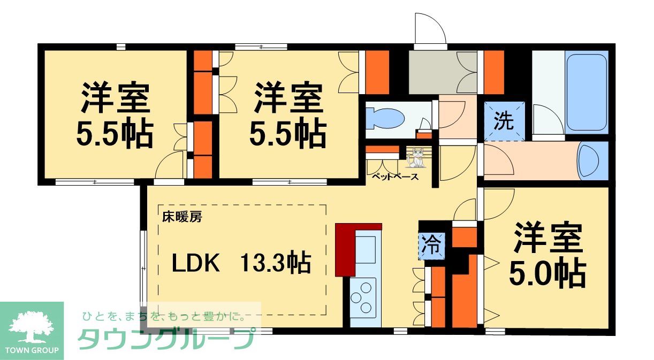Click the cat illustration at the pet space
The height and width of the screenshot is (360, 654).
415,158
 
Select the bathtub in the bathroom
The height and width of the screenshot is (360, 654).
587,92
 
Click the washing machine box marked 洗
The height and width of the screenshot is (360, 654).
504,121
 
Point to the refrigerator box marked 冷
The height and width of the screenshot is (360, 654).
432,246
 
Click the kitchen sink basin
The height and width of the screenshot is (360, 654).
365,250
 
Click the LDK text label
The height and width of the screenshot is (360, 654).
195,263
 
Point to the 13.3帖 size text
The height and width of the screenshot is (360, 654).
275,262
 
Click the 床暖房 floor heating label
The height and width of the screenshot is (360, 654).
182,217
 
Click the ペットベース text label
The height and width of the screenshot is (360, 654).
395,177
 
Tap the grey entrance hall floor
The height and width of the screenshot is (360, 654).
443,72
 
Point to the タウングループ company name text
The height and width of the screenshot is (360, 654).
165,339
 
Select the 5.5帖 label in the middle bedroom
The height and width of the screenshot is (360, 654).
287,133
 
